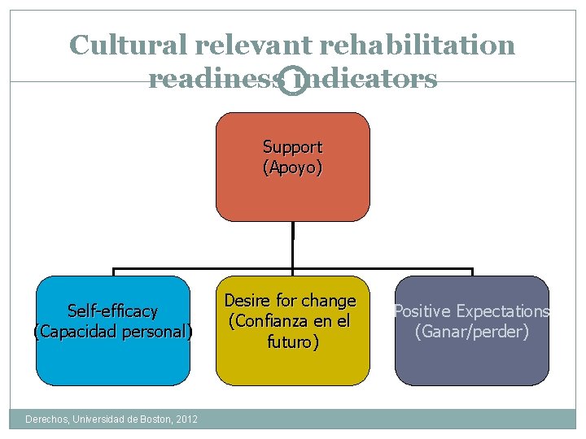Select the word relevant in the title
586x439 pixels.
coord(245,45)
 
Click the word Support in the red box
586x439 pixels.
coord(292,147)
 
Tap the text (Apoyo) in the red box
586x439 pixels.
coord(292,168)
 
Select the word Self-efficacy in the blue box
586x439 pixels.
coord(112,311)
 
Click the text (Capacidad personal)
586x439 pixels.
coord(112,332)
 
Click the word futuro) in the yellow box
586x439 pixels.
coord(292,342)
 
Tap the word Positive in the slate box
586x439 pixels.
coord(422,311)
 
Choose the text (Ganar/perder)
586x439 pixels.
coord(472,332)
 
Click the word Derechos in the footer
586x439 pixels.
coord(48,419)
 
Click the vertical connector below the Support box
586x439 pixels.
coord(292,244)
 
